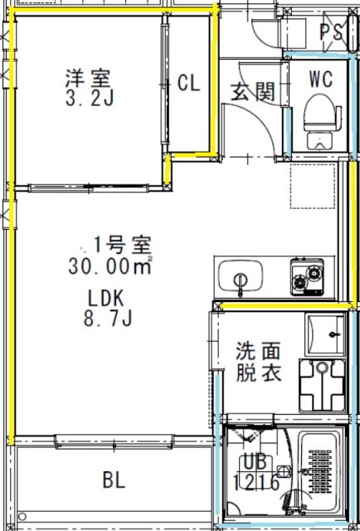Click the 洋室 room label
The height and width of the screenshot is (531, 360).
[x=89, y=80]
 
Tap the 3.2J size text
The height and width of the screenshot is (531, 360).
[x=89, y=100]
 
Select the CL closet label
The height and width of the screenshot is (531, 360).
[x=189, y=84]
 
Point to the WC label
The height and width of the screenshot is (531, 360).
[x=321, y=80]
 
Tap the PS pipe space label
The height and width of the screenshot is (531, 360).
[x=332, y=32]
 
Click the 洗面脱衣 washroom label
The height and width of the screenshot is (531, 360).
[x=258, y=363]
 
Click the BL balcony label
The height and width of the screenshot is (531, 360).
[x=114, y=480]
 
